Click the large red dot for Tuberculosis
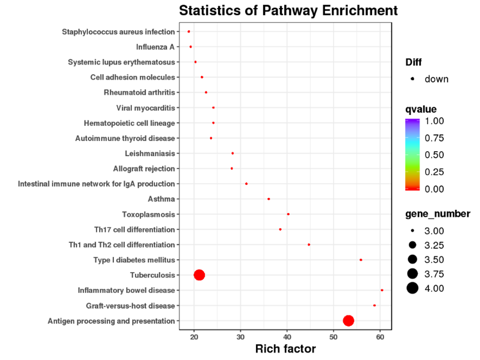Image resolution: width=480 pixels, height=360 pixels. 199,275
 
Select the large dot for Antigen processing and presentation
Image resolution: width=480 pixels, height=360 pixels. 348,321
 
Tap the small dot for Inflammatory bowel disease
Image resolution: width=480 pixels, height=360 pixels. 382,290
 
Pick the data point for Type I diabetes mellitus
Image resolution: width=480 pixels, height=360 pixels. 361,260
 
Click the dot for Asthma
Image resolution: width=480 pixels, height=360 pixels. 269,199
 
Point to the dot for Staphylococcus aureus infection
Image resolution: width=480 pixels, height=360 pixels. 189,32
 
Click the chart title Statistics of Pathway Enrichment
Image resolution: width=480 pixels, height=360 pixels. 288,11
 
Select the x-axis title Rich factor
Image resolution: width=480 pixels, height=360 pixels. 285,349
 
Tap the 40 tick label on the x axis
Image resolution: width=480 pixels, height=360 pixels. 287,336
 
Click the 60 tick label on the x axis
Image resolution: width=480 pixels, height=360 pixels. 380,336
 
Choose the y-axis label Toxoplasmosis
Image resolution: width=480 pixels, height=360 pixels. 148,214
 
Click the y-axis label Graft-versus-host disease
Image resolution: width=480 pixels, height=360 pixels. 130,306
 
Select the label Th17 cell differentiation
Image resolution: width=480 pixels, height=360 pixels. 135,229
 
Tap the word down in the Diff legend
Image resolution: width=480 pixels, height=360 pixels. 436,79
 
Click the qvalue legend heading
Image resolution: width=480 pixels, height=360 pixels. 421,109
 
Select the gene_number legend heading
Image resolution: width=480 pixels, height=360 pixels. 438,214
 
